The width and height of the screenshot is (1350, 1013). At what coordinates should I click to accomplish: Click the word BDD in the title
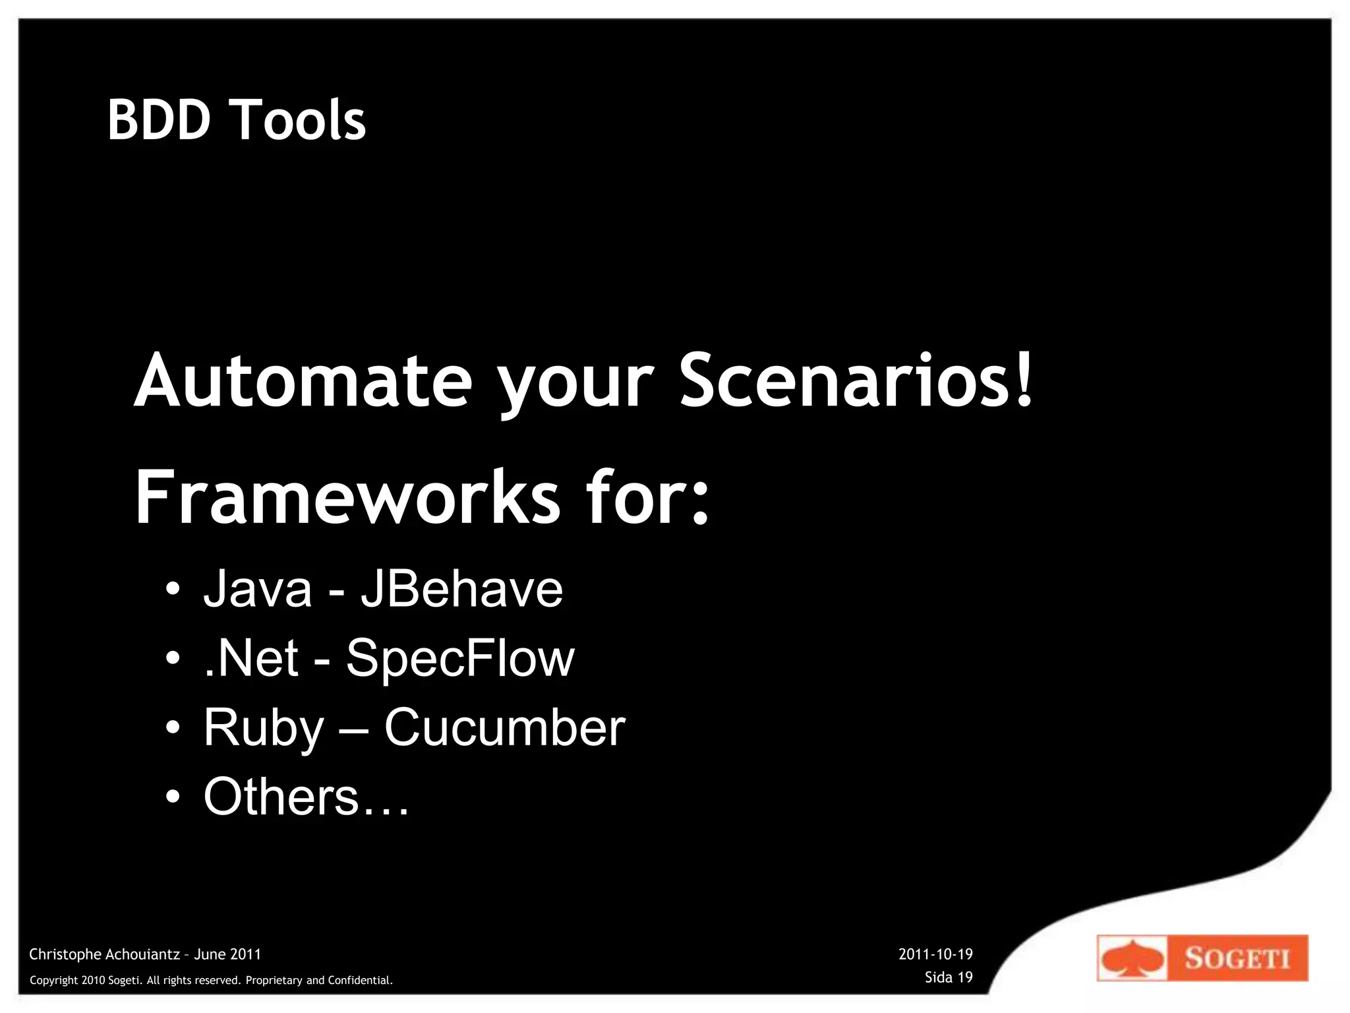click(x=158, y=120)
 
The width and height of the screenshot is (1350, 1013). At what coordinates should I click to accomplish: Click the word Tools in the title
click(x=300, y=120)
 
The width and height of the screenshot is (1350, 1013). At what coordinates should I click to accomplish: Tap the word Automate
click(x=303, y=382)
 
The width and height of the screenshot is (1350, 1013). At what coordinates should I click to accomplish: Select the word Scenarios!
click(x=856, y=382)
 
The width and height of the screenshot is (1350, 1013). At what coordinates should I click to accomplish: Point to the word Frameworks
click(x=347, y=498)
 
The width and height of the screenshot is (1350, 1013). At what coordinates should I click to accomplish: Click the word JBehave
click(x=461, y=589)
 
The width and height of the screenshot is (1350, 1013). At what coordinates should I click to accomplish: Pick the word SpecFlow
click(x=460, y=658)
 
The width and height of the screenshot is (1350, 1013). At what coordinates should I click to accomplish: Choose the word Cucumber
click(x=504, y=727)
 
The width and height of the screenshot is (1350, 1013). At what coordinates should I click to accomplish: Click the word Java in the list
click(x=257, y=589)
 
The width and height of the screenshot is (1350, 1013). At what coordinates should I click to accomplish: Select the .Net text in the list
click(x=251, y=658)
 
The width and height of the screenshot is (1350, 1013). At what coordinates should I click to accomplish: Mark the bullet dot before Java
click(x=173, y=589)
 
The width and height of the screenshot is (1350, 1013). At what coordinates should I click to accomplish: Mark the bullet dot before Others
click(x=173, y=797)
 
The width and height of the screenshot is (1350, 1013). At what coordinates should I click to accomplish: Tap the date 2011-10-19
click(x=935, y=954)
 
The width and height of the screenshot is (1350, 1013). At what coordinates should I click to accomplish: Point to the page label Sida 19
click(x=948, y=977)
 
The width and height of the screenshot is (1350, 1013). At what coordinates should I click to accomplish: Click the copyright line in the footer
click(x=211, y=981)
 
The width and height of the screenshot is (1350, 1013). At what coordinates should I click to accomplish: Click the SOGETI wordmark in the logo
click(x=1237, y=958)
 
